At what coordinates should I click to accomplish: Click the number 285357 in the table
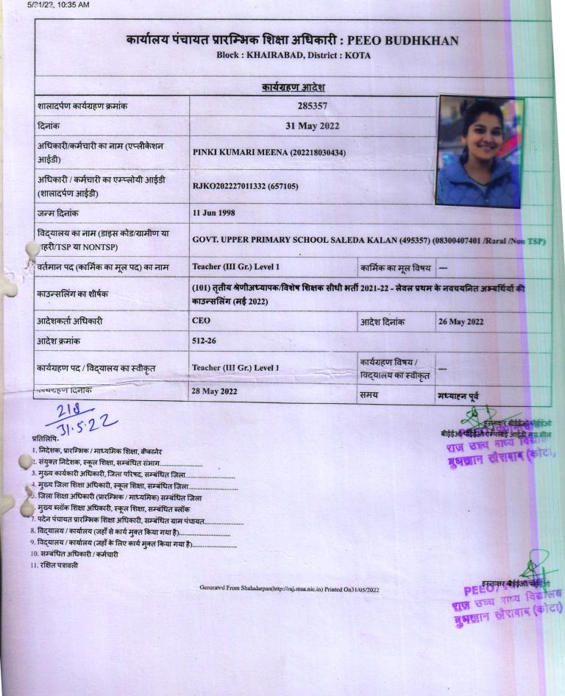tap(312, 106)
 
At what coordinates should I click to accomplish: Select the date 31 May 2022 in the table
tap(312, 126)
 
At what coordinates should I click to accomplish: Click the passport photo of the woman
tap(480, 152)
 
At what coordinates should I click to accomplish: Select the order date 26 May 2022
tap(461, 322)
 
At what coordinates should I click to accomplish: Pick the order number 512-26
tap(204, 341)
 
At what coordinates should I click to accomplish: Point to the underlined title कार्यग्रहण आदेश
tap(294, 88)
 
